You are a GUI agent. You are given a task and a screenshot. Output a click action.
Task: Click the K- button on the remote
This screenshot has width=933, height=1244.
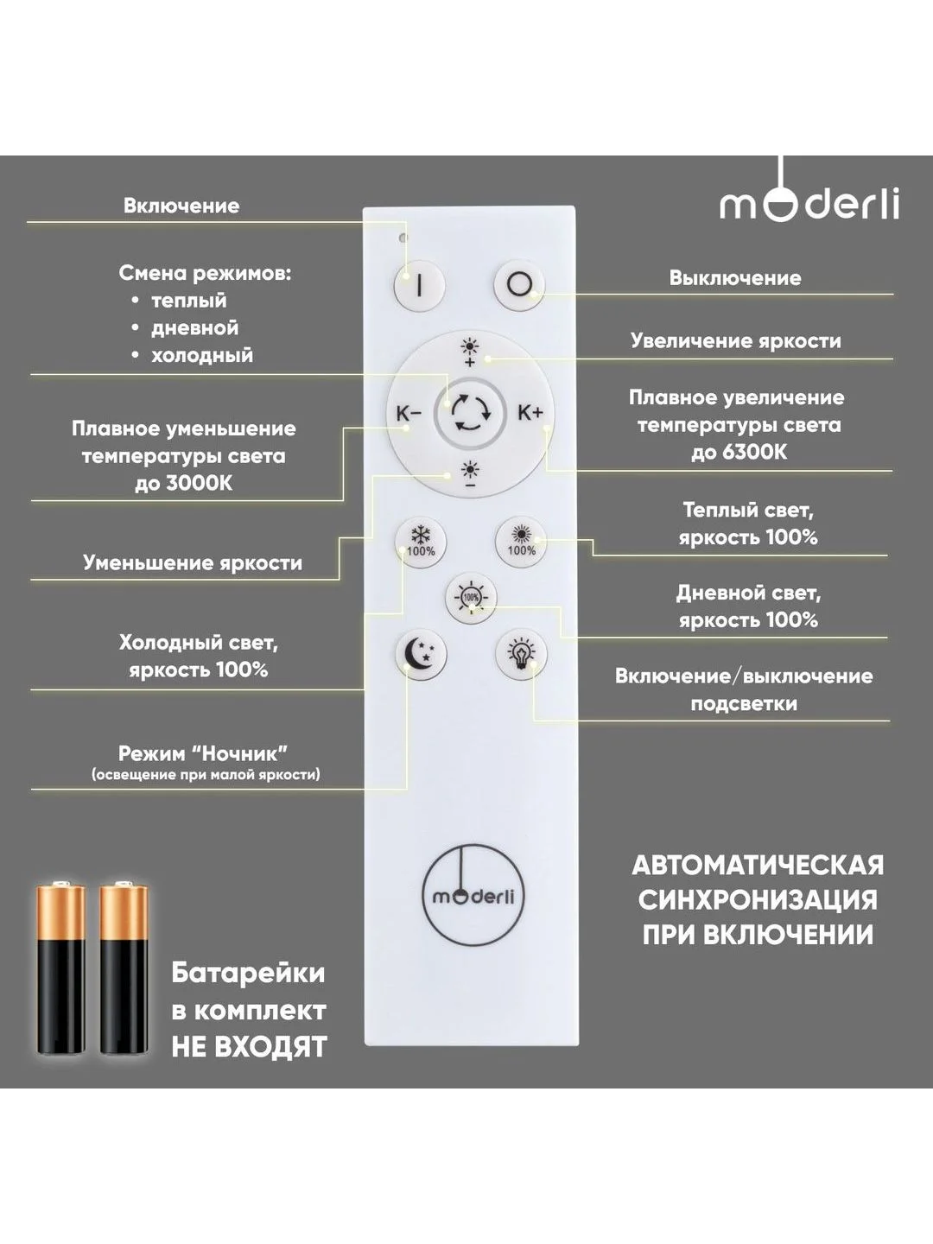pos(409,414)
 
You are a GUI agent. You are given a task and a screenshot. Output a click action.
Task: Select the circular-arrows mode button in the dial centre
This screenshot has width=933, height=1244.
pos(470,415)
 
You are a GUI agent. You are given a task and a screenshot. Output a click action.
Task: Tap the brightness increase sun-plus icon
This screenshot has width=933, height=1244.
pos(470,352)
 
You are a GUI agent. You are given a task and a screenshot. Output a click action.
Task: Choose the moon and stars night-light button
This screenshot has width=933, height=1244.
pos(421,655)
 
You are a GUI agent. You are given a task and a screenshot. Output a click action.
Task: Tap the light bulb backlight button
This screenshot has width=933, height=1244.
pos(521,655)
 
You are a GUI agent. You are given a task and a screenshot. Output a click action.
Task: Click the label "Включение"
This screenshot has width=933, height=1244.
pos(181,205)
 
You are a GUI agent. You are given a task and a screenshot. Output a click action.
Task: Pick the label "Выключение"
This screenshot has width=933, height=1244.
pos(735,277)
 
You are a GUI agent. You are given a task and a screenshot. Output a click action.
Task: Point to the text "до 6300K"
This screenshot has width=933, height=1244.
pos(739,453)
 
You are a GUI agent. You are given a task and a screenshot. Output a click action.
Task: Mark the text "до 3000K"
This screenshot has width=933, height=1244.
pos(183,484)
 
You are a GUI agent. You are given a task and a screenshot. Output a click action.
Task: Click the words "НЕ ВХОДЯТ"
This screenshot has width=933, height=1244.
pos(250,1046)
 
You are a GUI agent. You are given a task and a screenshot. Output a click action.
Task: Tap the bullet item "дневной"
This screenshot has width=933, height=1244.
pos(195,327)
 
